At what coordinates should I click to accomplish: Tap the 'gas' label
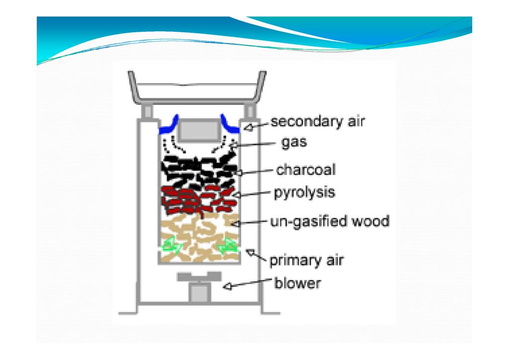294,143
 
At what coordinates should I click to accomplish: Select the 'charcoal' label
306,170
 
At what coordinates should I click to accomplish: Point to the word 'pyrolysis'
304,193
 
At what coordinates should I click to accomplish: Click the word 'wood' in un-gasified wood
370,221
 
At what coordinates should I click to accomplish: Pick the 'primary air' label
306,260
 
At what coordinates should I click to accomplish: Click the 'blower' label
298,284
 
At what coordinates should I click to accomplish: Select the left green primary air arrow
170,246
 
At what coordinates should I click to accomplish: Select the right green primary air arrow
229,245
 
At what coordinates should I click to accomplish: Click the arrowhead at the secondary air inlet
249,127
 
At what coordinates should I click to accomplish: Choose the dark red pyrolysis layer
199,199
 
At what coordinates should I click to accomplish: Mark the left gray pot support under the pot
147,111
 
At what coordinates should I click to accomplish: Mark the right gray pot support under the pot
251,111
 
